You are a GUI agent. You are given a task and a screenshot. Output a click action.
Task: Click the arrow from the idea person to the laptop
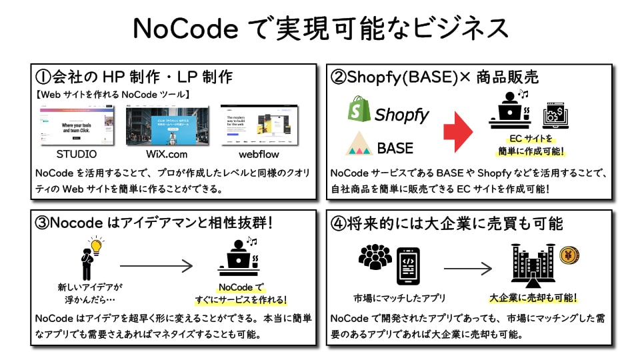click(x=156, y=266)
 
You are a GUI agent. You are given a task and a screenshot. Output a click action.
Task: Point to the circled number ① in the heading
click(x=44, y=77)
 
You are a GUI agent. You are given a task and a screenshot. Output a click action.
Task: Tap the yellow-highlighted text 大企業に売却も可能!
click(x=533, y=298)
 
